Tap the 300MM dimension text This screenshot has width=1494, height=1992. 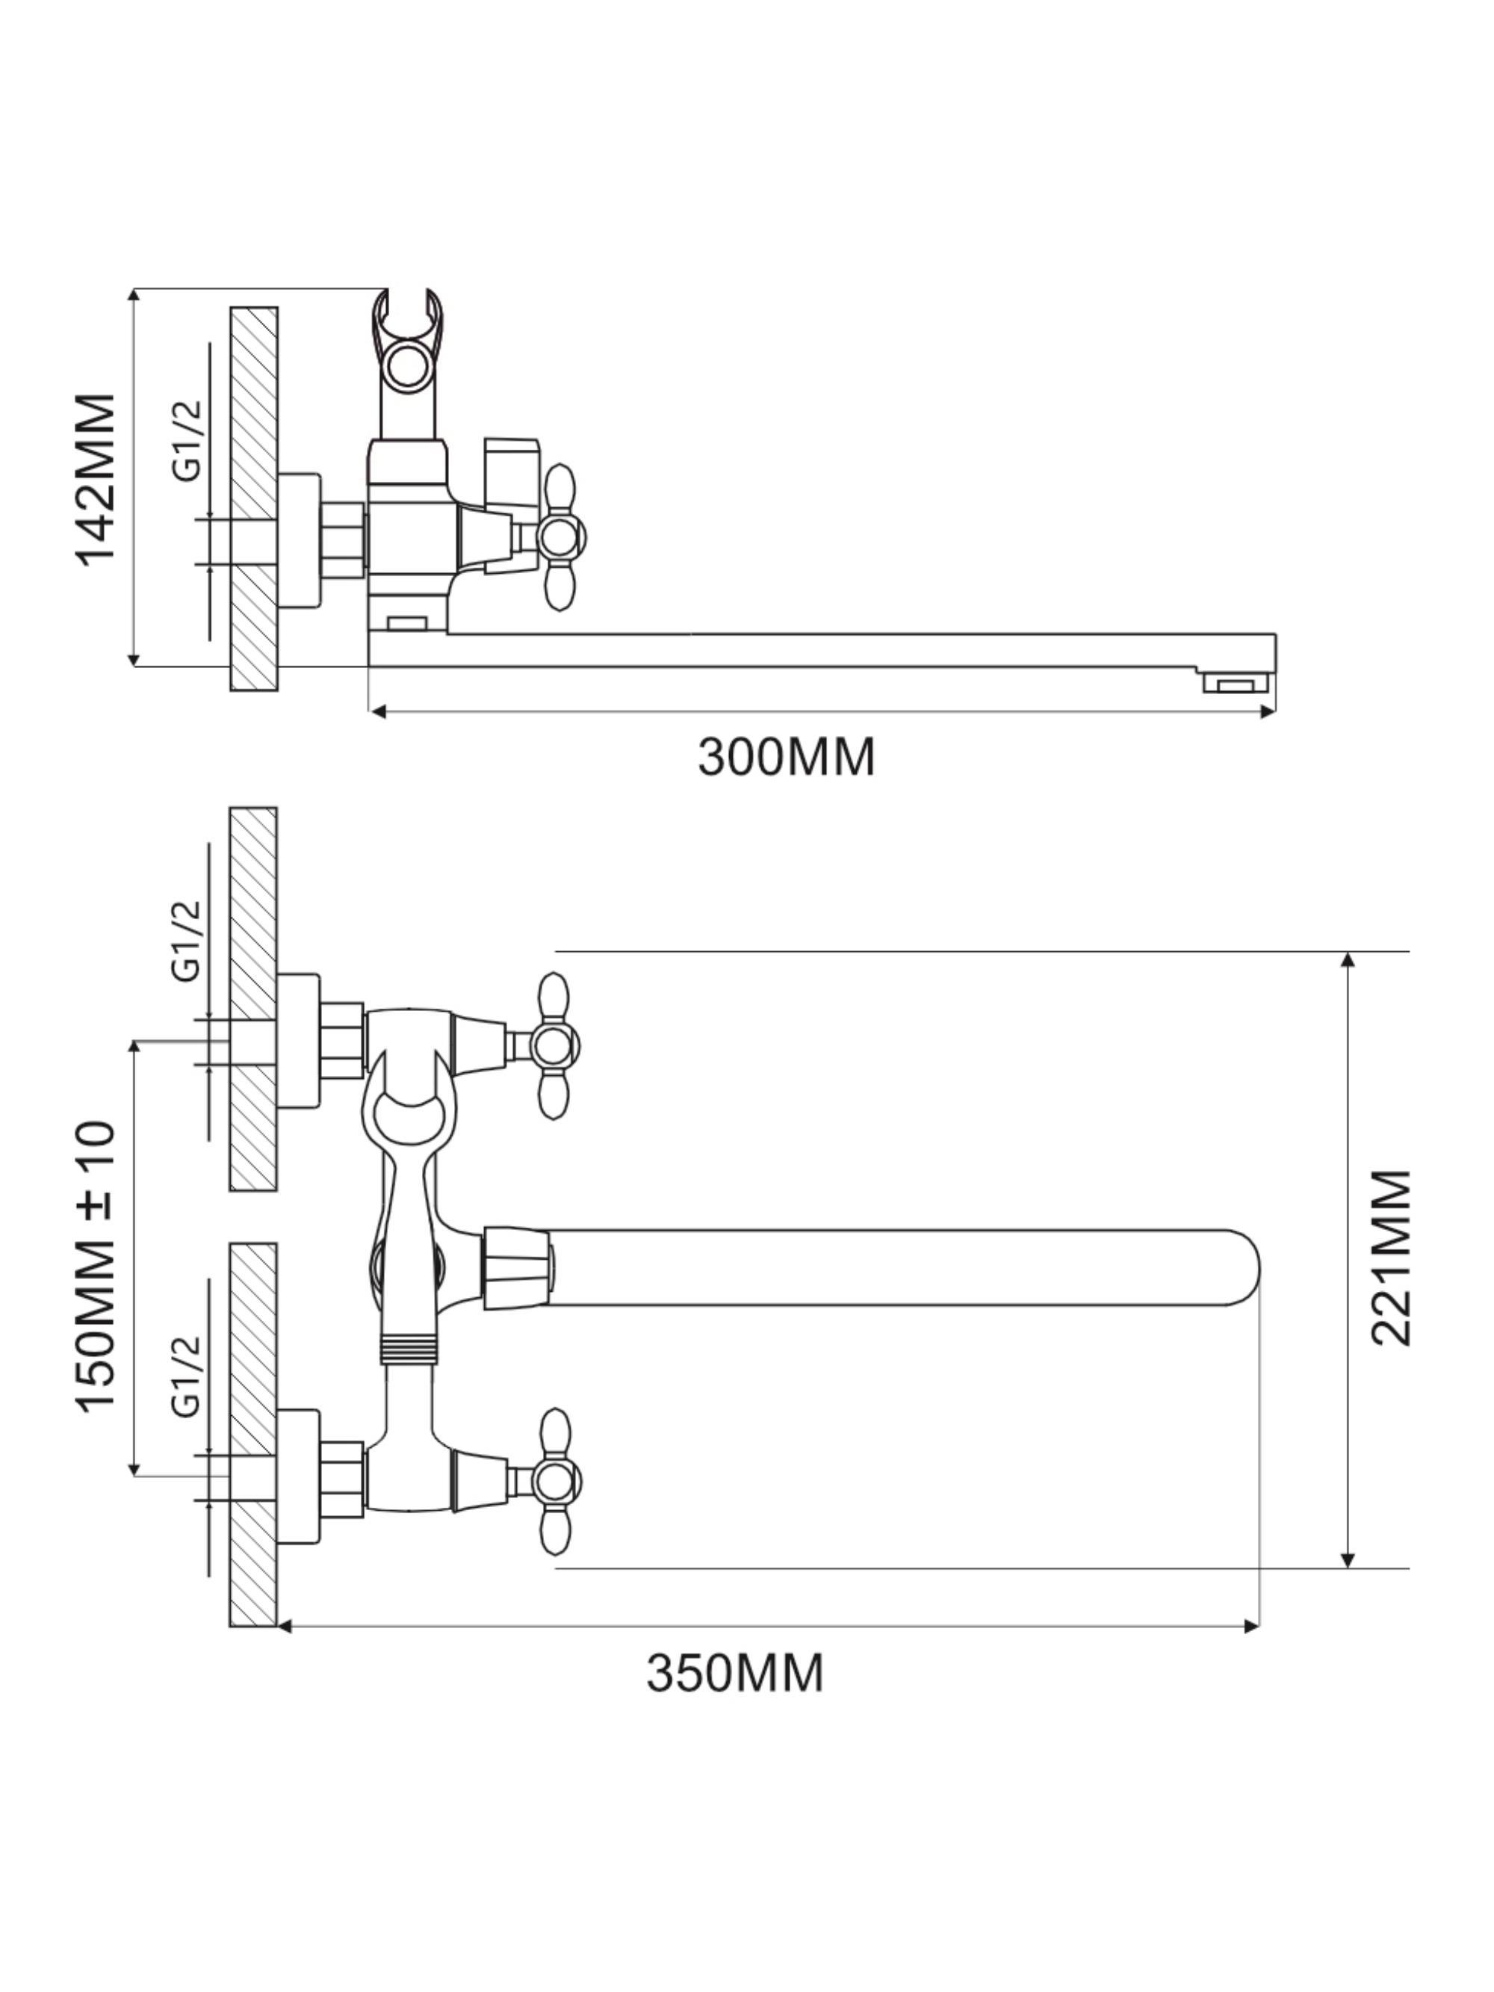click(785, 758)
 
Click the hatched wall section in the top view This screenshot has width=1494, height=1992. click(253, 499)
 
